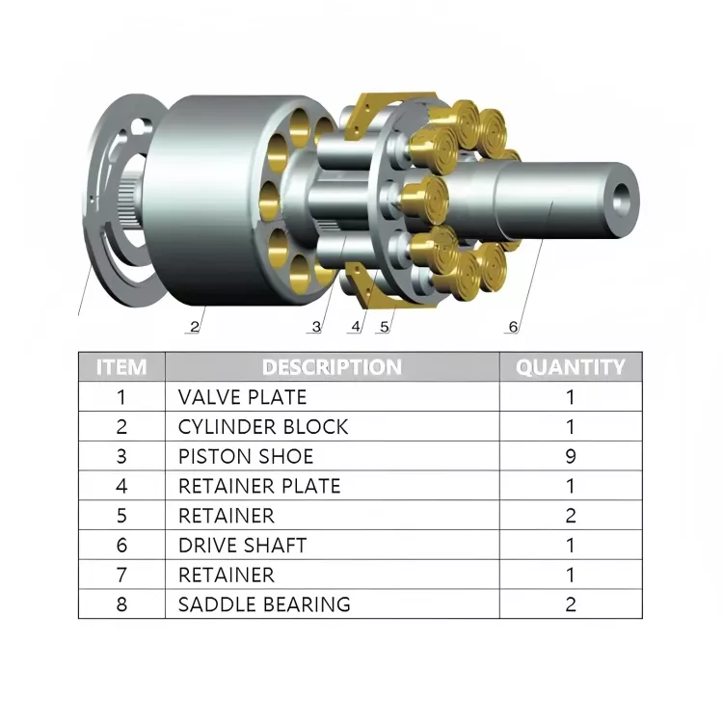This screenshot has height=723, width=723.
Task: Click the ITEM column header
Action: pos(121,367)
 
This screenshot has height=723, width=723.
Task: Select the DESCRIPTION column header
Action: pos(332,367)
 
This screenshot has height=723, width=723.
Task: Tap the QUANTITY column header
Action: pos(571,367)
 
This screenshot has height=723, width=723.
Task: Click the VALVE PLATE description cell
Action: pos(243,397)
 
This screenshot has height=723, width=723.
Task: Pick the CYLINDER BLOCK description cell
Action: pos(263,427)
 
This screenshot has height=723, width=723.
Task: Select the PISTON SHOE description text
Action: pos(246,457)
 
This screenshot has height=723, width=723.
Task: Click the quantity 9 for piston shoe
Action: pos(571,457)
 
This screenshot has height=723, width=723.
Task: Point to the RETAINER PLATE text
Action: pos(259,486)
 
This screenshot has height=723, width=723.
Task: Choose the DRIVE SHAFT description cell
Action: pos(243,546)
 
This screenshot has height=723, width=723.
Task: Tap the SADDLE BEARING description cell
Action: pos(264,604)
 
